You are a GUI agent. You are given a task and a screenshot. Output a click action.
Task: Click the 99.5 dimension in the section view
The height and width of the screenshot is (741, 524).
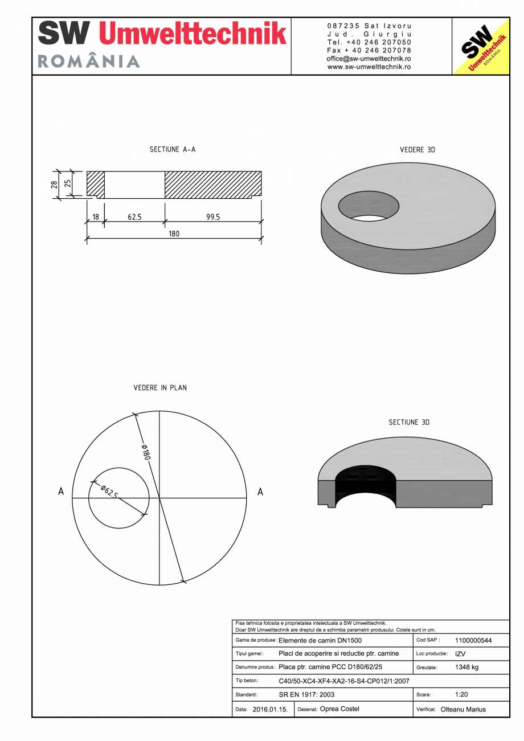pyautogui.click(x=213, y=217)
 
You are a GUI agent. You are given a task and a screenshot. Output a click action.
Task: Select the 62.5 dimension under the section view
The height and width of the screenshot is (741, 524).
pyautogui.click(x=134, y=217)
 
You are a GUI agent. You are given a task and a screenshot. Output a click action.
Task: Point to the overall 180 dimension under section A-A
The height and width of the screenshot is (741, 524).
pyautogui.click(x=174, y=234)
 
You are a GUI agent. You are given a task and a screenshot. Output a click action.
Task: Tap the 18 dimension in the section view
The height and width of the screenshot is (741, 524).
pyautogui.click(x=95, y=217)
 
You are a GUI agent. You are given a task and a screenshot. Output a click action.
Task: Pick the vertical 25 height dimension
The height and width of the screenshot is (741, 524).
pyautogui.click(x=67, y=183)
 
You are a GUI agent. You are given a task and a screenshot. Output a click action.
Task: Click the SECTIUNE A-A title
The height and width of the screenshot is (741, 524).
pyautogui.click(x=173, y=149)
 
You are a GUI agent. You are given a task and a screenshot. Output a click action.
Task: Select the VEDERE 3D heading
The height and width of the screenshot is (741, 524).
pyautogui.click(x=417, y=150)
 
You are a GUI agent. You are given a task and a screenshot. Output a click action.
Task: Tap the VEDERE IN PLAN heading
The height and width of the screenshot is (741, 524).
pyautogui.click(x=160, y=388)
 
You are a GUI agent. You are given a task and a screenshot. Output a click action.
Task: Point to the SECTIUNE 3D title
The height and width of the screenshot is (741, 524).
pyautogui.click(x=409, y=422)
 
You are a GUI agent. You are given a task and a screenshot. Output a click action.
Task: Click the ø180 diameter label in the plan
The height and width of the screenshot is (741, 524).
pyautogui.click(x=145, y=452)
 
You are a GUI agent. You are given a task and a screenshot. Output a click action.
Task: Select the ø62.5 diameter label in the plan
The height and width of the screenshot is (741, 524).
pyautogui.click(x=109, y=492)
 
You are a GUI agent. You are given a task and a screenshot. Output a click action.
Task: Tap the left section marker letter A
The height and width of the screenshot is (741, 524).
pyautogui.click(x=61, y=492)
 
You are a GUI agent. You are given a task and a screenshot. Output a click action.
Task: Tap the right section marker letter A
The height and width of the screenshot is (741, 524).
pyautogui.click(x=260, y=492)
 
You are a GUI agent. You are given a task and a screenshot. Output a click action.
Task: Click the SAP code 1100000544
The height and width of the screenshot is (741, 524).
pyautogui.click(x=473, y=640)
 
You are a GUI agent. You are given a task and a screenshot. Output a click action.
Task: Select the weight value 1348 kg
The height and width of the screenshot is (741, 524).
pyautogui.click(x=466, y=667)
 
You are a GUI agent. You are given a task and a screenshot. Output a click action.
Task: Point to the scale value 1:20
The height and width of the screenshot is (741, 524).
pyautogui.click(x=461, y=694)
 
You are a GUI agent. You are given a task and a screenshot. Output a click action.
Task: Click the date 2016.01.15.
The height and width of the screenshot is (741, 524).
pyautogui.click(x=270, y=710)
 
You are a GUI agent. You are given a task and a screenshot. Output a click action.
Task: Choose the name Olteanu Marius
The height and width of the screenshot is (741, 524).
pyautogui.click(x=463, y=710)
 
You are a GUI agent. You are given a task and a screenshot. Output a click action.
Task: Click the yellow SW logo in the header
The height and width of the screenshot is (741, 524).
pyautogui.click(x=480, y=46)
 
